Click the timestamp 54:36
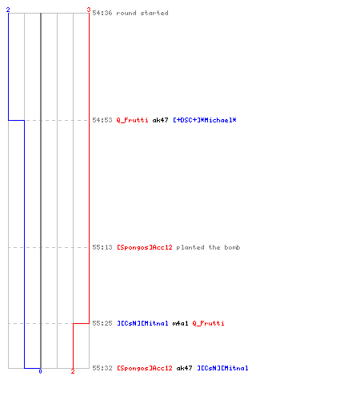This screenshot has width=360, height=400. click(102, 13)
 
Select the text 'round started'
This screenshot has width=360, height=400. click(142, 13)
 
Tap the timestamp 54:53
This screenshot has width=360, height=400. click(102, 120)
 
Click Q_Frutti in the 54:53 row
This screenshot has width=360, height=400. click(132, 120)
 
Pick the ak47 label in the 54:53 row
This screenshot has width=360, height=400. click(160, 120)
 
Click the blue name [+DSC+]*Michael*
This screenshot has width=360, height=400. click(205, 120)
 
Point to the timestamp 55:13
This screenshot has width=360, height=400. click(102, 247)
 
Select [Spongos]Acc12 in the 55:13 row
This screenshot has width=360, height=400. click(145, 247)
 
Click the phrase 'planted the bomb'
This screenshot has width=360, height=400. click(208, 247)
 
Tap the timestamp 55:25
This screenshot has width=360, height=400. click(102, 323)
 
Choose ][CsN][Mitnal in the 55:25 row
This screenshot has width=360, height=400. click(142, 323)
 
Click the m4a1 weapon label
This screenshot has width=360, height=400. click(180, 323)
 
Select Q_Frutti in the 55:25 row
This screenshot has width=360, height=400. click(208, 323)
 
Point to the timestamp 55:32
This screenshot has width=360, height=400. click(102, 368)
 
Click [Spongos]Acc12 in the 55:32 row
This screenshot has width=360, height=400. click(145, 368)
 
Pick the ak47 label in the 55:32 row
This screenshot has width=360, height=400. click(184, 368)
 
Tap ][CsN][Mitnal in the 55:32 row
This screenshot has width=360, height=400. click(222, 368)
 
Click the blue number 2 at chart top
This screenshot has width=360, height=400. click(8, 10)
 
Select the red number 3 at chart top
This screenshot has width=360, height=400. click(89, 10)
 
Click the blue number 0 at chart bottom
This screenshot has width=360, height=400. click(40, 371)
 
